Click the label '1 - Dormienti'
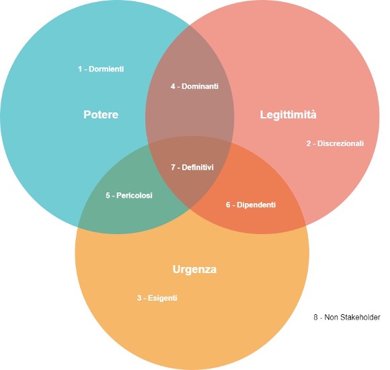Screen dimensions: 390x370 point(101,69)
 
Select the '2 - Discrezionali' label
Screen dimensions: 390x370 point(335,143)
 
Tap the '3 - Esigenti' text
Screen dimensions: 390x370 point(157,298)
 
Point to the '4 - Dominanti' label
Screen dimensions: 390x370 point(194,86)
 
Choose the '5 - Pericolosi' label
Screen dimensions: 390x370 point(129,195)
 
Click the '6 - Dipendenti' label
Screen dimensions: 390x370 point(251,205)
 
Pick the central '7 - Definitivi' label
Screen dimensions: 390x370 point(192,168)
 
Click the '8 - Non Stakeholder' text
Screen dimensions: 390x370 point(347,318)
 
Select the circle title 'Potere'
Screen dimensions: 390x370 point(101,114)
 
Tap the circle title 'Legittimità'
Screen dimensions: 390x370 point(288,115)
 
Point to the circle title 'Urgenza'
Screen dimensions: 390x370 point(194,270)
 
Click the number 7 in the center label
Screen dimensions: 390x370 point(173,168)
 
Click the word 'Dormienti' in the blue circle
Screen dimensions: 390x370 point(106,69)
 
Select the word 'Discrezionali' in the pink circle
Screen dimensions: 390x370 point(340,143)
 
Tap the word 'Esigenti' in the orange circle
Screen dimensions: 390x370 point(163,298)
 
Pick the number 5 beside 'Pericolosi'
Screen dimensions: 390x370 point(108,195)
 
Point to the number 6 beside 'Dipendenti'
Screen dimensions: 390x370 point(228,205)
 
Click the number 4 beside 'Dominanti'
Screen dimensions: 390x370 point(173,86)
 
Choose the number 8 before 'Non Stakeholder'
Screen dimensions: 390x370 point(316,318)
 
